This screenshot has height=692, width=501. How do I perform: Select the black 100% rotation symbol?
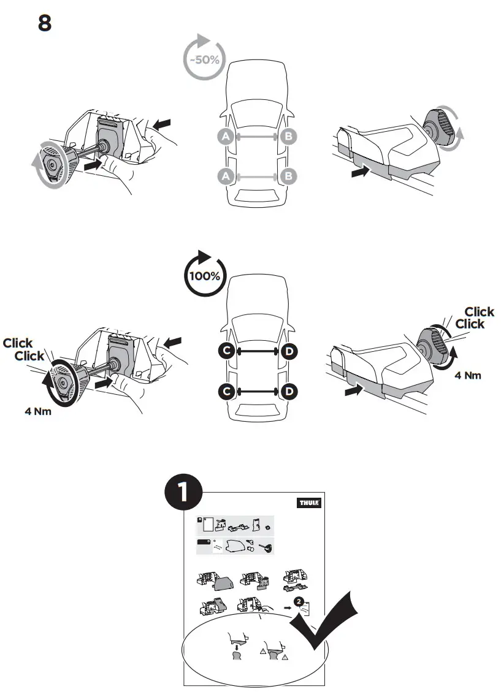(204, 275)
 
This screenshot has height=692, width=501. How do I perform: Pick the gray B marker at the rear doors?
(288, 177)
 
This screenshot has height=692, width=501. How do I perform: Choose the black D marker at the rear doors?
(289, 390)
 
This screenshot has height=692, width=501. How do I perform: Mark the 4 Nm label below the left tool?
(37, 412)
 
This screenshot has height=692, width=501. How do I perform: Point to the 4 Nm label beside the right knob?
(467, 375)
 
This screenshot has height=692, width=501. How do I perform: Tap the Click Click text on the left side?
(24, 349)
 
